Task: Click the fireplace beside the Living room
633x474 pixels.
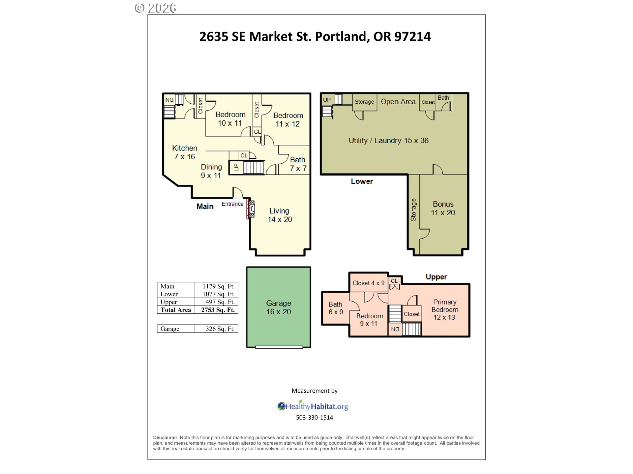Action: click(251, 209)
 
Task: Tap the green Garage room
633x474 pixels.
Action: click(279, 307)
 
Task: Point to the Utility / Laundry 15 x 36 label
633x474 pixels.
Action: click(389, 141)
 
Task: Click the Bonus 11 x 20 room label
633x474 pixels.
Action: click(443, 208)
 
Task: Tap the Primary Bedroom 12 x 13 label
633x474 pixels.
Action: click(445, 310)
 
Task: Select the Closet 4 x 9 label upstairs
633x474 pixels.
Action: click(369, 283)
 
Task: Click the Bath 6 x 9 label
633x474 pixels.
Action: click(336, 308)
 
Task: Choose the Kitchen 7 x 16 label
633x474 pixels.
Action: click(185, 152)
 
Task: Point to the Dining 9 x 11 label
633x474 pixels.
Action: click(211, 171)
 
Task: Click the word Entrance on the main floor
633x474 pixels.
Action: click(232, 204)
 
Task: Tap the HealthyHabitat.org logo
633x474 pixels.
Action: click(313, 406)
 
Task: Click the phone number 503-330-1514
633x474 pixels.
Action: click(315, 417)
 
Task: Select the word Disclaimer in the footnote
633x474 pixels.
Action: click(165, 437)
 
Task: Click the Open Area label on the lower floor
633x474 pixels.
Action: click(398, 102)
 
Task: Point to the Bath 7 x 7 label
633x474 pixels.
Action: click(298, 164)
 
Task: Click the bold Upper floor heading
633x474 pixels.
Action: click(436, 277)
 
